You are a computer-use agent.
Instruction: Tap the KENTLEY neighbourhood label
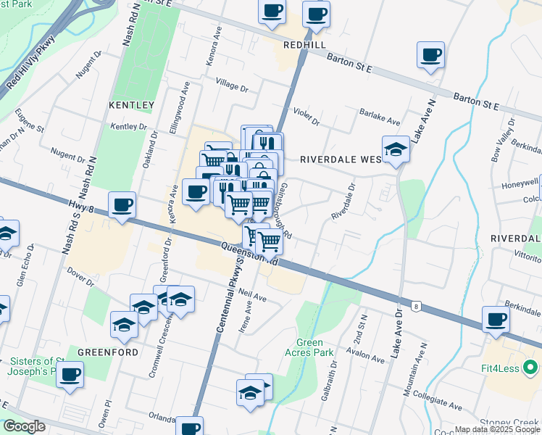pyautogui.click(x=132, y=105)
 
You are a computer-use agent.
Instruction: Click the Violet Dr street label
pyautogui.click(x=307, y=117)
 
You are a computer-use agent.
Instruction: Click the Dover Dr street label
pyautogui.click(x=80, y=276)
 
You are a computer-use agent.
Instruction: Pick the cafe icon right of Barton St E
pyautogui.click(x=430, y=55)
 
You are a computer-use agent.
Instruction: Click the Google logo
pyautogui.click(x=24, y=426)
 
